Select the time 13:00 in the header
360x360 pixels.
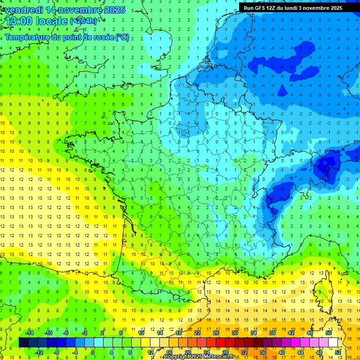(20, 21)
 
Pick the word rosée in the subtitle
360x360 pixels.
(103, 37)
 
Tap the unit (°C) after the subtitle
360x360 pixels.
(122, 37)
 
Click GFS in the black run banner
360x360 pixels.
(261, 8)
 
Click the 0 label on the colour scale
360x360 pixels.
(93, 352)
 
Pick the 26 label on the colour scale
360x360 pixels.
(216, 333)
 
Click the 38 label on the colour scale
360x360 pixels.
(272, 333)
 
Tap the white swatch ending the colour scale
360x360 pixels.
(333, 343)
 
